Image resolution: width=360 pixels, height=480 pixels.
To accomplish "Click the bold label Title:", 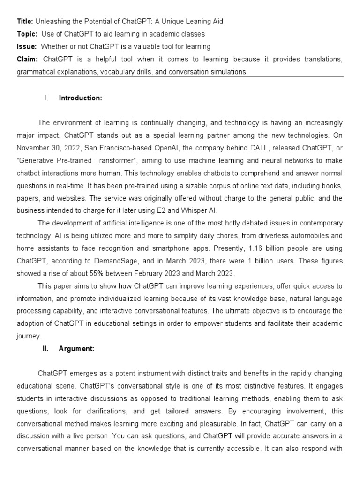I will tap(25, 22).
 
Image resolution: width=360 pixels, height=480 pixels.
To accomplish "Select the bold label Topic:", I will tap(27, 34).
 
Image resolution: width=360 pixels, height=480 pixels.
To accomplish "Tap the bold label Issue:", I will tap(26, 47).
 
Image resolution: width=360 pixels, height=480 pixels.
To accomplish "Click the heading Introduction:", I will tap(80, 98).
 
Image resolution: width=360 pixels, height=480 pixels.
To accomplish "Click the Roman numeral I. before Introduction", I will tap(46, 98).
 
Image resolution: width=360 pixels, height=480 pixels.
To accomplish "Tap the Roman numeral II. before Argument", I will tap(46, 349).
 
